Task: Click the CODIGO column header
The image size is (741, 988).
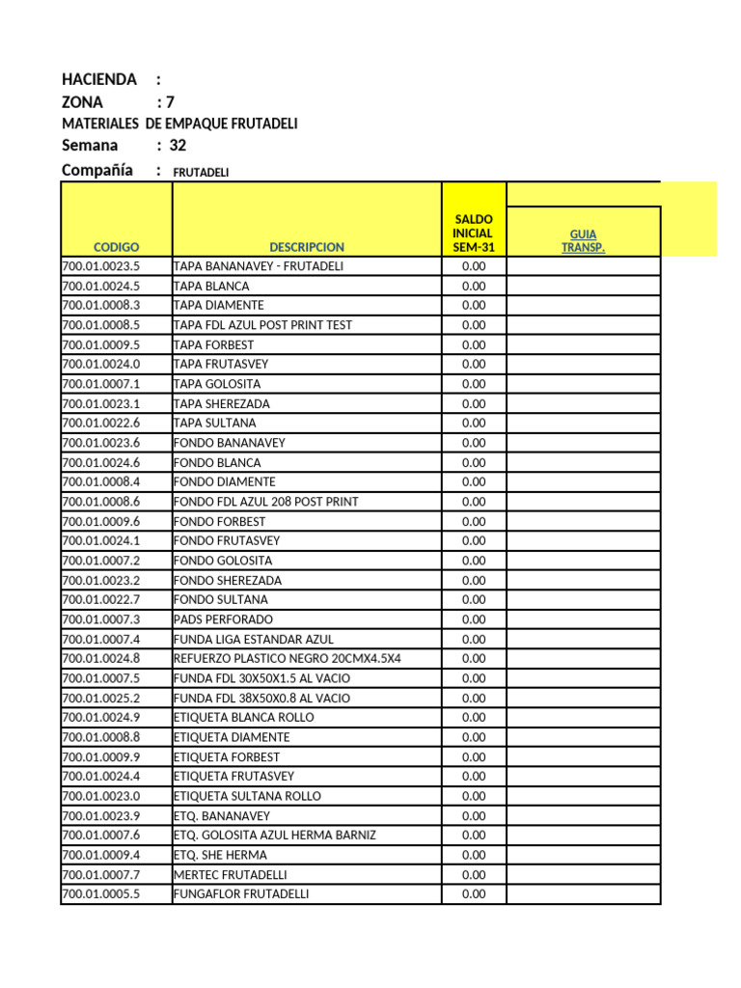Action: pos(117,247)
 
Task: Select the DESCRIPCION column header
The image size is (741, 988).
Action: pos(307,247)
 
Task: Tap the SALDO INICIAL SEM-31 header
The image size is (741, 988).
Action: pos(473,233)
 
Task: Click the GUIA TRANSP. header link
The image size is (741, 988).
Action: pos(583,240)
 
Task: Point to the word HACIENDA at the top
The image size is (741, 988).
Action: pos(99,79)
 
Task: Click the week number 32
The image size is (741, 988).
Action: pos(178,146)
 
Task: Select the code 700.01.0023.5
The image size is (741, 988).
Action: pos(101,266)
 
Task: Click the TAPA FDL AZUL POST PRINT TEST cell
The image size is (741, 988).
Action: pos(262,325)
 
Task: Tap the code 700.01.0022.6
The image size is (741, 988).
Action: pos(101,423)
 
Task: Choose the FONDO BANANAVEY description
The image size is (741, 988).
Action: pos(229,443)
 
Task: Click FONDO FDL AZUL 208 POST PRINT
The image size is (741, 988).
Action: pos(265,502)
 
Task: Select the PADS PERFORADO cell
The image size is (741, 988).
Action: pos(223,619)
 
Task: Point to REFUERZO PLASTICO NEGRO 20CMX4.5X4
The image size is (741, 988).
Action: pos(287,658)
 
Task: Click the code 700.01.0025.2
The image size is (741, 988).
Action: pos(101,698)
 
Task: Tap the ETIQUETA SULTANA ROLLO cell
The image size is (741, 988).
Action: pos(247,796)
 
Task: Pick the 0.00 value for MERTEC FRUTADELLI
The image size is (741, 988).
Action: pos(474,874)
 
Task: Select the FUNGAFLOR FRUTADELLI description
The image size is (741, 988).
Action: pos(241,894)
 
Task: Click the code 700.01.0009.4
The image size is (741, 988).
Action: pos(101,855)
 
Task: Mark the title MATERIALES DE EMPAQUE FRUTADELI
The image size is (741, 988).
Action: pos(179,123)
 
